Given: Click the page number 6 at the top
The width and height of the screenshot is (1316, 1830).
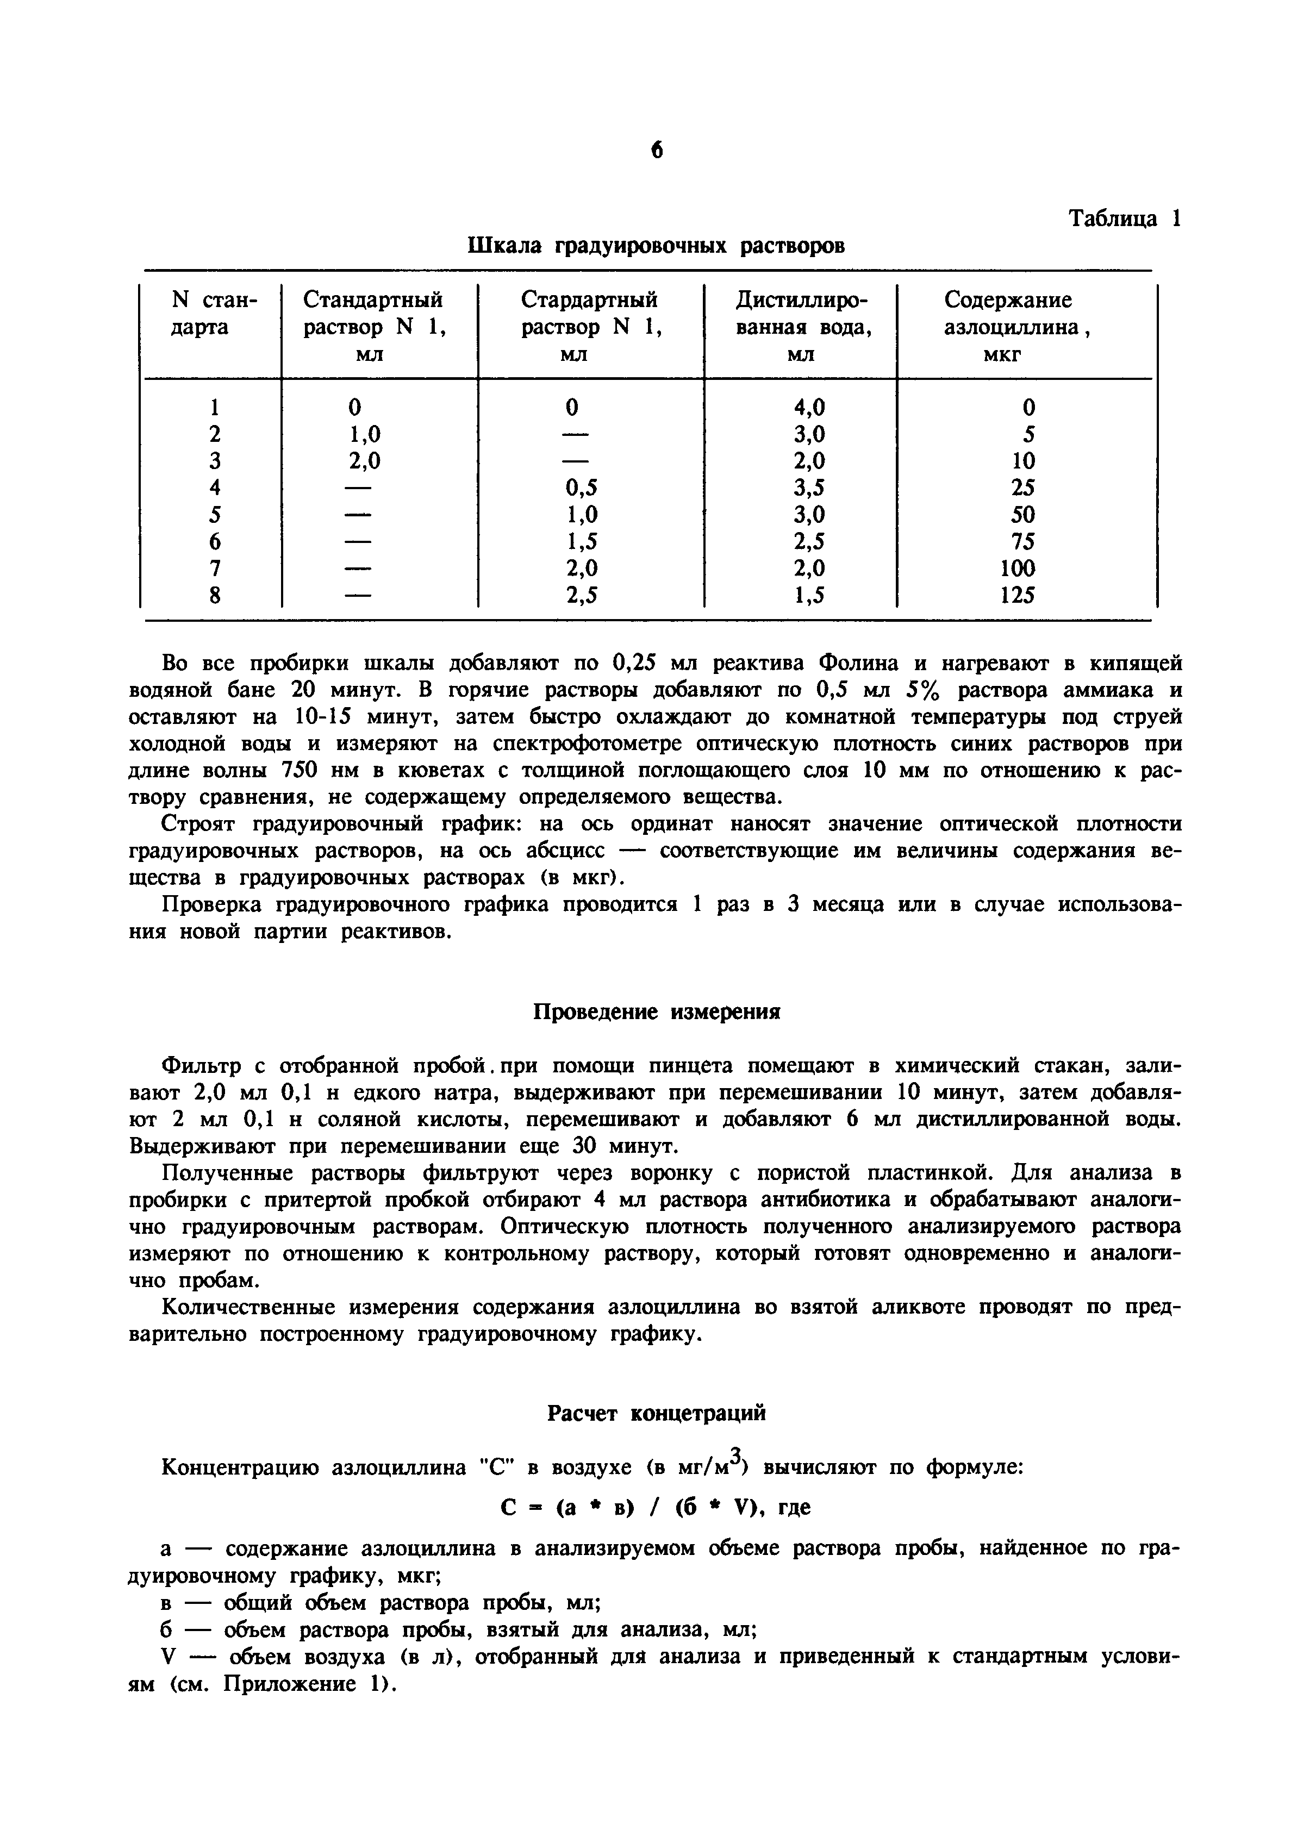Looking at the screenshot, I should tap(656, 150).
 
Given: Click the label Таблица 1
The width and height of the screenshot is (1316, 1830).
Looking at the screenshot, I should tap(1124, 218).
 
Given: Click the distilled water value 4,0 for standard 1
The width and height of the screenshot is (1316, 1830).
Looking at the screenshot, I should tap(809, 408).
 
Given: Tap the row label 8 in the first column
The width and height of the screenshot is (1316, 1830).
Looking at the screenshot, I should tap(215, 595).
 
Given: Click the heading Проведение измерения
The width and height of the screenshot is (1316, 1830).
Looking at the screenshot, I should tap(657, 1012).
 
